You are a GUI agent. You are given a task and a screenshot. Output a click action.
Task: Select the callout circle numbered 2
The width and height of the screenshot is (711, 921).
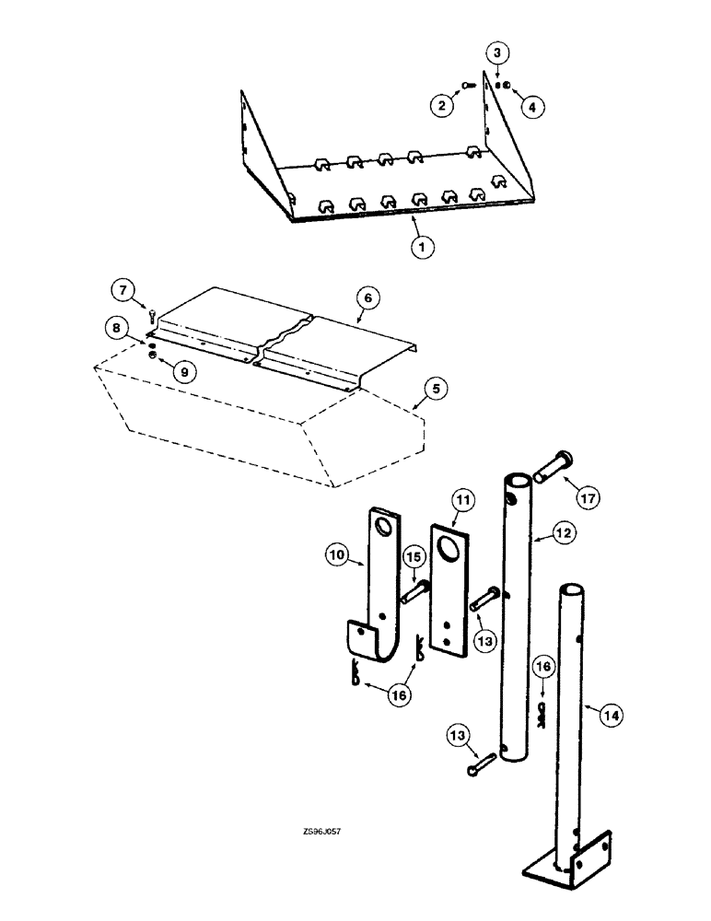coord(443,106)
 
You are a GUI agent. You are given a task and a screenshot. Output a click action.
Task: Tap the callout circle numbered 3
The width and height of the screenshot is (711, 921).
coord(496,53)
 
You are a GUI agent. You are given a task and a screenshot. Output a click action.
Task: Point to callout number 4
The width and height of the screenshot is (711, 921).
coord(531,106)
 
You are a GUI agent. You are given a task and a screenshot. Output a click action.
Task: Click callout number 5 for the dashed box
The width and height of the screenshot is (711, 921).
coord(439,390)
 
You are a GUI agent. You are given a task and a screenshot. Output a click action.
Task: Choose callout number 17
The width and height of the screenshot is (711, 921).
coord(588,497)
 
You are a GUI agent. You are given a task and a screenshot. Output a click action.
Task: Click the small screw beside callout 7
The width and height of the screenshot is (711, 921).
coord(151,316)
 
